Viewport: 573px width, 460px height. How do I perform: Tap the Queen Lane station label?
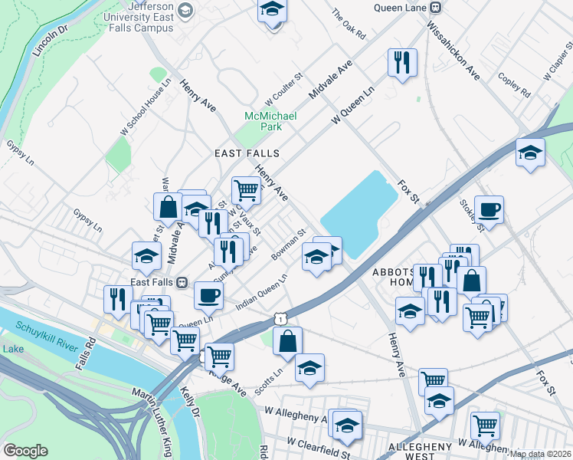[x=401, y=8]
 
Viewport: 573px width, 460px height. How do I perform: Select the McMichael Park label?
[x=270, y=120]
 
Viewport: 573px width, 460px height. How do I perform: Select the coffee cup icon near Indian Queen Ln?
[x=208, y=294]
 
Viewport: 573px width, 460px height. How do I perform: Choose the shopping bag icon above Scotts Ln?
[x=287, y=341]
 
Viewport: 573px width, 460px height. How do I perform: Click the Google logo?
[x=25, y=451]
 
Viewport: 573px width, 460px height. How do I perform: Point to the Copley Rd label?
[x=513, y=85]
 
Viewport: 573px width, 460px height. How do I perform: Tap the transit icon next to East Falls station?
[x=182, y=282]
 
